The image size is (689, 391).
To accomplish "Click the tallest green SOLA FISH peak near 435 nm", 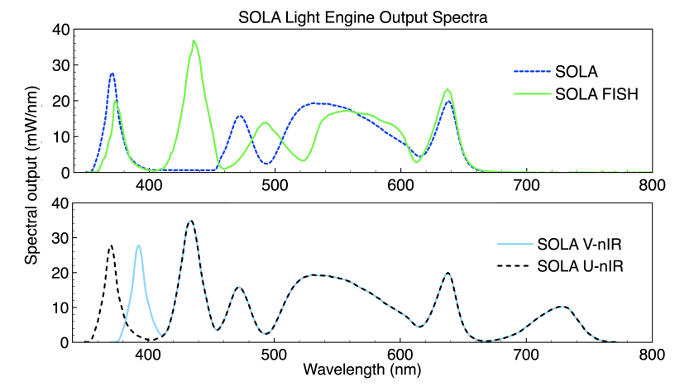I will point(194,41).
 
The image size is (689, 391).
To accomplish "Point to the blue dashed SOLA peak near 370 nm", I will point(112,74).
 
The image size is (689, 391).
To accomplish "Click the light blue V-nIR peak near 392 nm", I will point(138,246).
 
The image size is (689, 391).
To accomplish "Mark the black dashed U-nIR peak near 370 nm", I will point(111,246).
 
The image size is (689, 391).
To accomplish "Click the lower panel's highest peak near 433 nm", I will point(190,221).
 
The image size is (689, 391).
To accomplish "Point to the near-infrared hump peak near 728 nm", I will point(562,307).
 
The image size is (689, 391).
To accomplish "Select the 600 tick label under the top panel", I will point(400,185).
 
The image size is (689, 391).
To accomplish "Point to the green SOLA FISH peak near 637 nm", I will point(447,89).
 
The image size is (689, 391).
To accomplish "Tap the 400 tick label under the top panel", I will point(149,185).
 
